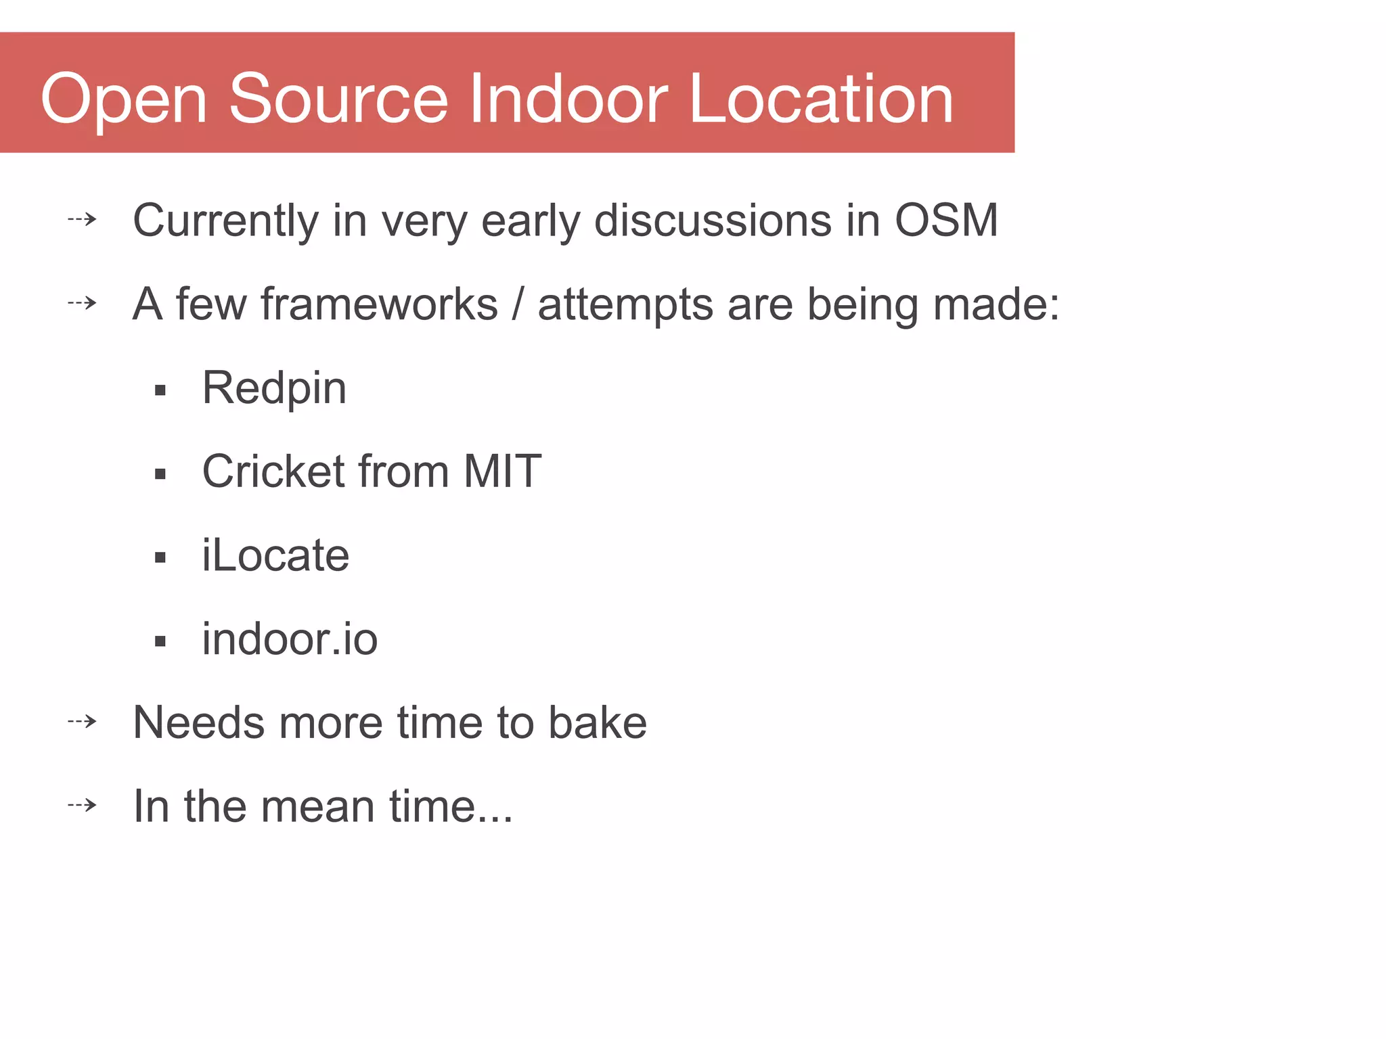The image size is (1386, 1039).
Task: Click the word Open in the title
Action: tap(123, 100)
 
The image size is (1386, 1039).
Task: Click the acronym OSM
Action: tap(946, 220)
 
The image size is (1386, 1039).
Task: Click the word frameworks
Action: tap(379, 304)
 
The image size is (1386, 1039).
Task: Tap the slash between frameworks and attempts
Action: tap(518, 304)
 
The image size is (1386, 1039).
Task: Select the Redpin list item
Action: tap(274, 388)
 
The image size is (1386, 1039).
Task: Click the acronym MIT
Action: tap(502, 471)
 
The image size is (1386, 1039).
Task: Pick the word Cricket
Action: tap(273, 471)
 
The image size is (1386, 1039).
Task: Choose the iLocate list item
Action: tap(275, 555)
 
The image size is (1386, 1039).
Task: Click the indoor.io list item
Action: tap(290, 639)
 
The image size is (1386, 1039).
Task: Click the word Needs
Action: tap(199, 722)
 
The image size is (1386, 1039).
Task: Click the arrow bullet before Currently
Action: tap(83, 219)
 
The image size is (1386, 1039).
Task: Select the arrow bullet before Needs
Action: tap(83, 721)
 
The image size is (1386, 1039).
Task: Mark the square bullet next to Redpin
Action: tap(160, 390)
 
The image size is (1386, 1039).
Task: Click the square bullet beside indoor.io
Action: tap(160, 641)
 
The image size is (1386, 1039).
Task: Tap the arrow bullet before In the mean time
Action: tap(83, 805)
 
